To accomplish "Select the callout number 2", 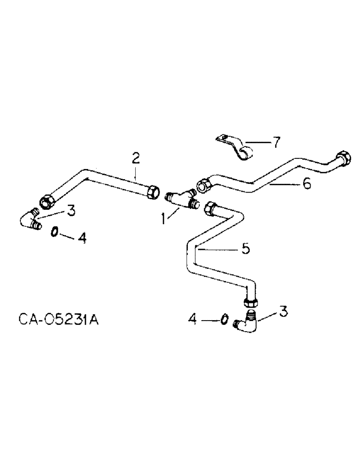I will [135, 158].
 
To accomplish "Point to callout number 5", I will [246, 249].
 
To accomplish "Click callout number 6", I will [306, 183].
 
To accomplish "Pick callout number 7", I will [276, 142].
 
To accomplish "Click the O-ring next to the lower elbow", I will [224, 319].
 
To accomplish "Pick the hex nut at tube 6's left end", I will [204, 185].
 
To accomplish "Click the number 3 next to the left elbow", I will [71, 211].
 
